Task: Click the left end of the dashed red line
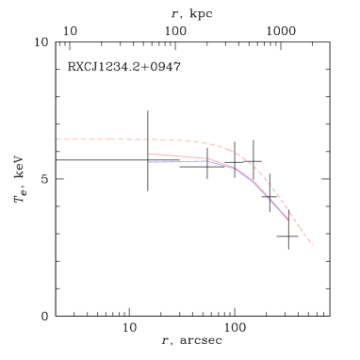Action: click(x=57, y=139)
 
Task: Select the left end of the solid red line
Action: click(x=149, y=154)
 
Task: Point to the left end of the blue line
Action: click(x=149, y=162)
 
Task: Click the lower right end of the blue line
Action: click(x=288, y=220)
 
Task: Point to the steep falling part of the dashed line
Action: click(x=287, y=207)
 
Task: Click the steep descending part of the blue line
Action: click(x=269, y=196)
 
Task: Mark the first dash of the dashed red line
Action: click(x=58, y=139)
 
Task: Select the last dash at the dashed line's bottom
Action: click(x=309, y=241)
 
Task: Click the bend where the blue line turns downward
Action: click(x=236, y=168)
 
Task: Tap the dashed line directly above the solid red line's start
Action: click(x=149, y=139)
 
